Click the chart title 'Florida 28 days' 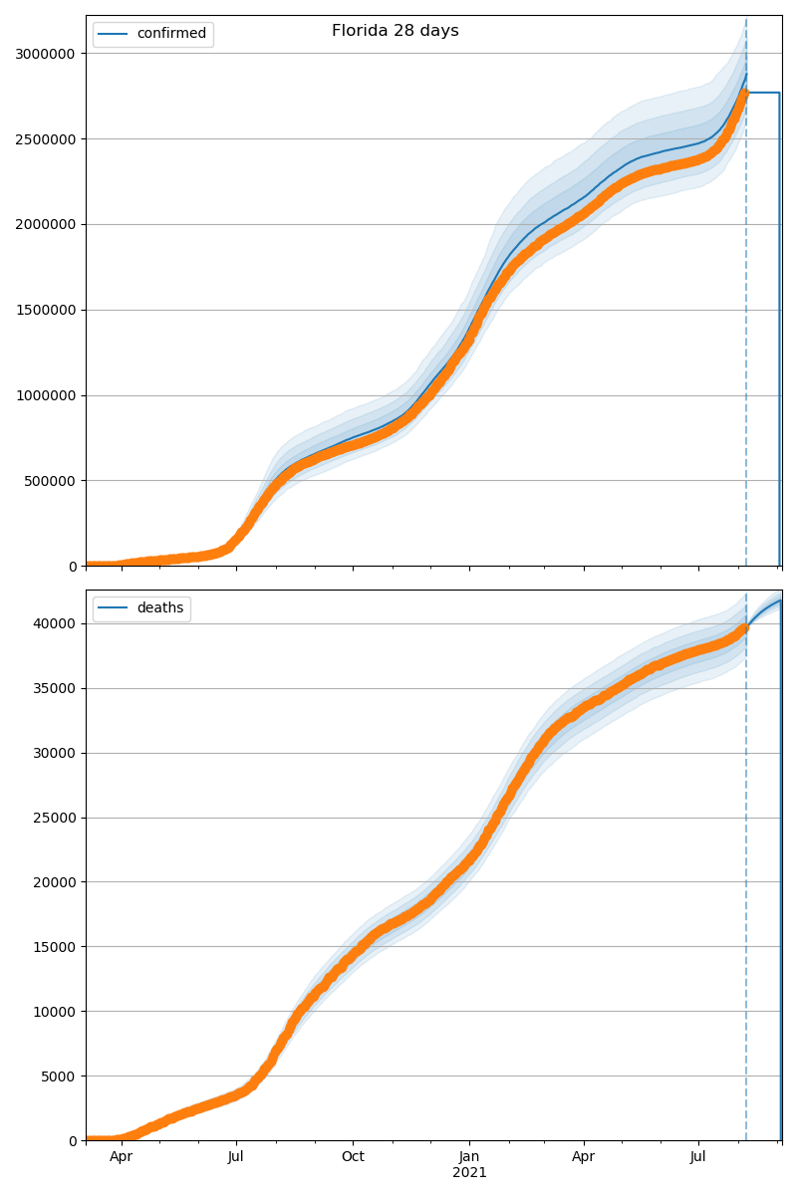click(396, 31)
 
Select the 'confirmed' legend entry click(171, 34)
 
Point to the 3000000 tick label click(46, 54)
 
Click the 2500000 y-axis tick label click(46, 139)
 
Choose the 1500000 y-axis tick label click(46, 310)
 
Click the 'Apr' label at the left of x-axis click(122, 1157)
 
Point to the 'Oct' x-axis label click(353, 1157)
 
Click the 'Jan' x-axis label click(469, 1157)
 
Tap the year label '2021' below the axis click(469, 1173)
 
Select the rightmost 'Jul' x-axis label click(698, 1157)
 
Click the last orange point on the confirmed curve click(744, 94)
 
